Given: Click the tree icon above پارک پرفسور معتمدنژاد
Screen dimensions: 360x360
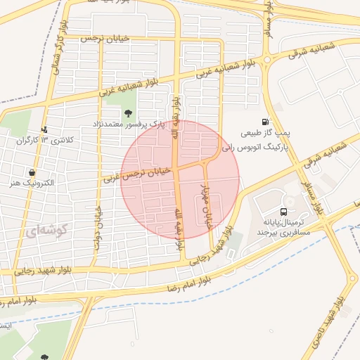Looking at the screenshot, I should (x=127, y=112).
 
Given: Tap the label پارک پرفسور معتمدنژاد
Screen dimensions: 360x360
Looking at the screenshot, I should (x=128, y=124).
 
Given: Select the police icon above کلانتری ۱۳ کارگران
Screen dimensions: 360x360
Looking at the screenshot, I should (x=45, y=129).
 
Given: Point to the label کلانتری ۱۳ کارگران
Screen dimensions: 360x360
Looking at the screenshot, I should (x=44, y=141).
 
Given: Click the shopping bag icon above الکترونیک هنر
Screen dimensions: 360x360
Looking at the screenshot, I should (x=32, y=172).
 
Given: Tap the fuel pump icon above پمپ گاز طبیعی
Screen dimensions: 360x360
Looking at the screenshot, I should (x=264, y=122).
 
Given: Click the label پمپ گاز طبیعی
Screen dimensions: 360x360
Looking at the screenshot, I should (x=264, y=133).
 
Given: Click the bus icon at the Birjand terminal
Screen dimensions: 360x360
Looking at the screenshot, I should (x=283, y=211).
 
